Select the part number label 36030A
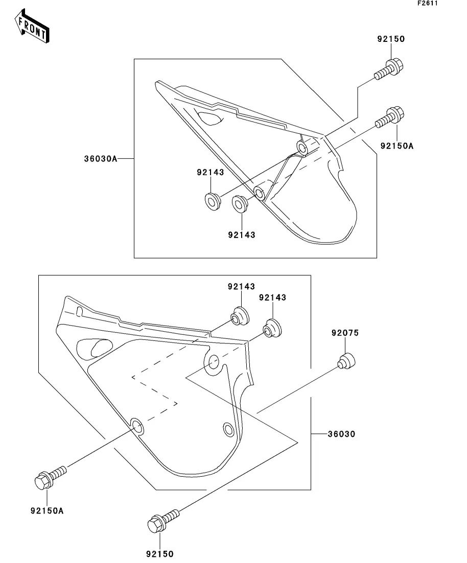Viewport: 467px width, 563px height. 101,159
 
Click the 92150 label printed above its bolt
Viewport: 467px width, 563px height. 391,39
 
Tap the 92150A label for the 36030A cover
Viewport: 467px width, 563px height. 396,146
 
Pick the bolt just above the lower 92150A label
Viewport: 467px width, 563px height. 49,476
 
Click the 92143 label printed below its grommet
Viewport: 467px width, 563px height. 241,235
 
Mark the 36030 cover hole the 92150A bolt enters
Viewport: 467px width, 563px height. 136,425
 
